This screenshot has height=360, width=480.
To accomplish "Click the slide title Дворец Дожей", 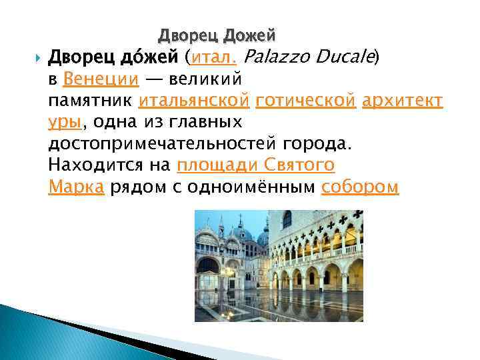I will click(x=217, y=34).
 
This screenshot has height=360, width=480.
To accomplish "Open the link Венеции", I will click(x=101, y=79).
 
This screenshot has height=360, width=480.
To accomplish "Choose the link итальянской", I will click(x=195, y=101).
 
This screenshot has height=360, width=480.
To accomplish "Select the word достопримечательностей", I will click(x=163, y=144).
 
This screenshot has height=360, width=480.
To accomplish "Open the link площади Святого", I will click(x=255, y=166).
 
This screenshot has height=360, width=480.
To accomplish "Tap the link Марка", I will click(x=76, y=187).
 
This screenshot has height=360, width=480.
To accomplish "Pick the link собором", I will click(x=360, y=187).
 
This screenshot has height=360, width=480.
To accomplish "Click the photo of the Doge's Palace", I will click(x=279, y=265).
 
